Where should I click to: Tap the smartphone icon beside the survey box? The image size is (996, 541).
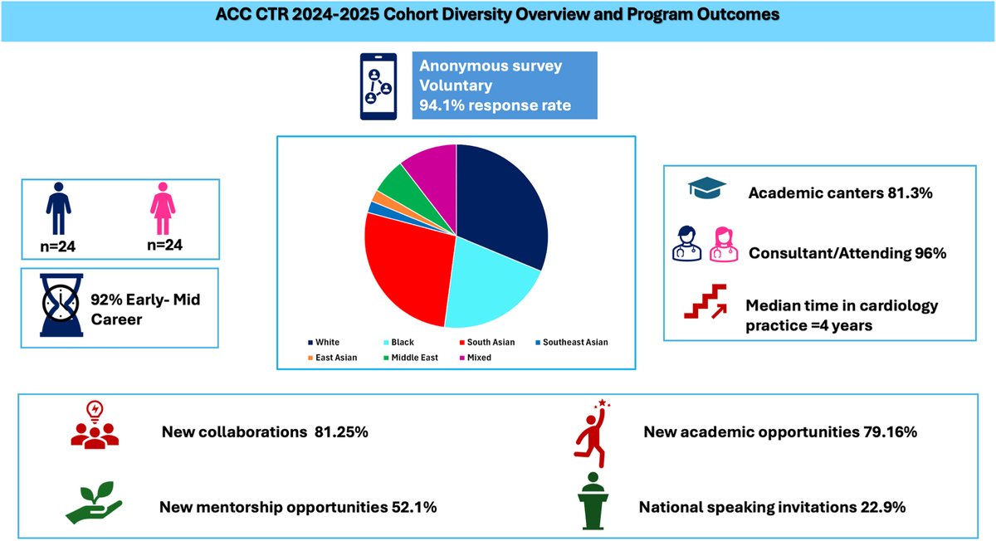pyautogui.click(x=378, y=86)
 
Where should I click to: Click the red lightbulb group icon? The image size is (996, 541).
pyautogui.click(x=90, y=429)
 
